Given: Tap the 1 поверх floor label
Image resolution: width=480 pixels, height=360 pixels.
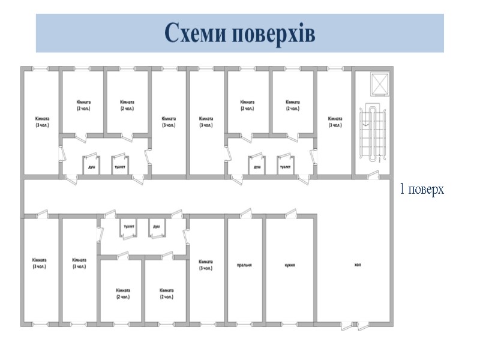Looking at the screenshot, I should (x=422, y=190).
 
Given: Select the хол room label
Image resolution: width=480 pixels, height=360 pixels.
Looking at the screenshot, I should (x=358, y=265).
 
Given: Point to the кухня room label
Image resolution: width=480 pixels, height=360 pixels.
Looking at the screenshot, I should (x=289, y=265).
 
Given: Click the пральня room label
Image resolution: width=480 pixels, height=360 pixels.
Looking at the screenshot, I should (x=244, y=265).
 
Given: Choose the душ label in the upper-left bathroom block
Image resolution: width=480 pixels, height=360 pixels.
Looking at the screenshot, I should (x=91, y=167).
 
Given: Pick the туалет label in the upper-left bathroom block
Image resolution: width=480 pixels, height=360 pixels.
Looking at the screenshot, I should (x=120, y=167).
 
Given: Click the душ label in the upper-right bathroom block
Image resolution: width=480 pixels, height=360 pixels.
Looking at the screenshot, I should (x=257, y=167).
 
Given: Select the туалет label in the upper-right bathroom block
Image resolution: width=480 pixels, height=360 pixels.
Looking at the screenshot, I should (x=285, y=167).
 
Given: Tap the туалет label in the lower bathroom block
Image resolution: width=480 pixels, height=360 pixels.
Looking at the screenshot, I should (x=128, y=226).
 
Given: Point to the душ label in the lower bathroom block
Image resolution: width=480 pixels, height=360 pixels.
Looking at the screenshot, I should (x=156, y=226).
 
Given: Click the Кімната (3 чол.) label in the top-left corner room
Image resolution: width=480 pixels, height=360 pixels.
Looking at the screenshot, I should (x=41, y=122).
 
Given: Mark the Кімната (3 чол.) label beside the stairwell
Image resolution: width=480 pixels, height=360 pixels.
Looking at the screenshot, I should (x=335, y=122).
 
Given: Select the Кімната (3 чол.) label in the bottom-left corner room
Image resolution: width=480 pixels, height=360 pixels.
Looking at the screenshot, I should (x=39, y=263).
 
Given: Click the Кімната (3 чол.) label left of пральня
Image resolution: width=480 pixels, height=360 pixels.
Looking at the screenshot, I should (x=205, y=265).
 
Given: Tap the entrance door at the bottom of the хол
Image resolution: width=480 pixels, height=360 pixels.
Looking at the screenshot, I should (x=355, y=325).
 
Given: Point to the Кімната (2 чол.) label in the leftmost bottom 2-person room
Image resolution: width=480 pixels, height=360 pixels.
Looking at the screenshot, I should (x=122, y=293).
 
